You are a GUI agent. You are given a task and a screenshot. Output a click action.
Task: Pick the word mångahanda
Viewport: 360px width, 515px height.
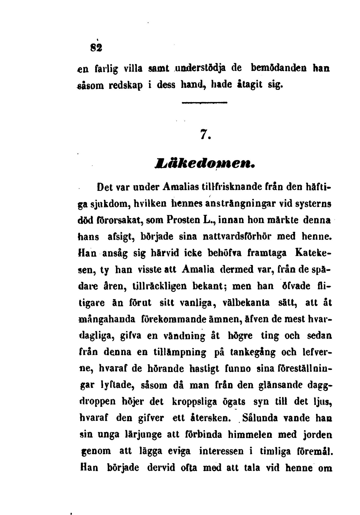[107, 319]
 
